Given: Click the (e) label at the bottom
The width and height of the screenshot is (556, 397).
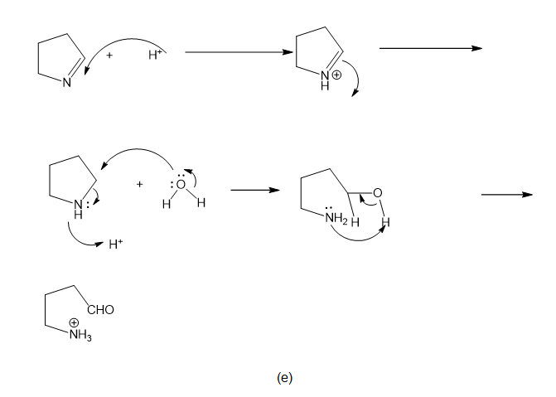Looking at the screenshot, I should (x=284, y=377).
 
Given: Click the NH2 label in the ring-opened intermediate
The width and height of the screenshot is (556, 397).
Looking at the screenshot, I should (x=335, y=219).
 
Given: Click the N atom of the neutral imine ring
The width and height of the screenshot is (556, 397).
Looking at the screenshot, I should (x=69, y=82).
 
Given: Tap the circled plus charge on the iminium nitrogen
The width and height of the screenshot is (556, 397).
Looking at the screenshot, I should (x=336, y=76).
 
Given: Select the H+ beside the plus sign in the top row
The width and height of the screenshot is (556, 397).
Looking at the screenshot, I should (x=155, y=55).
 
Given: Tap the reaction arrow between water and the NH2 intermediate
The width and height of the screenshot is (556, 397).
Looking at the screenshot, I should (x=254, y=191).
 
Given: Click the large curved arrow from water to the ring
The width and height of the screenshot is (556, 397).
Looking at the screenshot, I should (x=133, y=153).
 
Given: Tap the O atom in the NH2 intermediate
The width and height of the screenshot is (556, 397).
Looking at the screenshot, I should (x=377, y=194).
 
